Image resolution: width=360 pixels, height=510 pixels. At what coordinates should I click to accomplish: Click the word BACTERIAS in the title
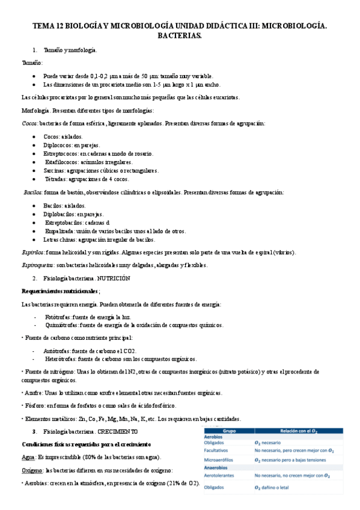tap(180, 37)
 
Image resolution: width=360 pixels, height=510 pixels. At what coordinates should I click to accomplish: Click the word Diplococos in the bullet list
tap(58, 146)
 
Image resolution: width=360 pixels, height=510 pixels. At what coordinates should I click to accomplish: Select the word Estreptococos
tap(61, 154)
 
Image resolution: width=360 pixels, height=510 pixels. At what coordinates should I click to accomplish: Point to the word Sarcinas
tap(55, 171)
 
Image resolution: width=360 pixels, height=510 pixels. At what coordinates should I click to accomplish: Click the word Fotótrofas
tap(57, 317)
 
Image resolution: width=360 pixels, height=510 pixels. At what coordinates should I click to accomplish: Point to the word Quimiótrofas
tap(61, 325)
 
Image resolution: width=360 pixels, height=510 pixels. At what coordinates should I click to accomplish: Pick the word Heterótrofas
tap(61, 359)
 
